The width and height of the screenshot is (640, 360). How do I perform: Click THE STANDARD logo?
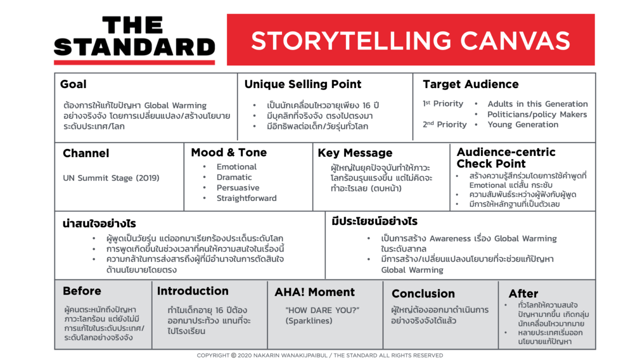[134, 39]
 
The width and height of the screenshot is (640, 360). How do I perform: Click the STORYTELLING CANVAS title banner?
[410, 40]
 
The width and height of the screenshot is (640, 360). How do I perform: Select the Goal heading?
[73, 84]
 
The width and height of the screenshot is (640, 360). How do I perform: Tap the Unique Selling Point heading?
[302, 84]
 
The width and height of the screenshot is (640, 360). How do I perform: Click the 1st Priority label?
[443, 104]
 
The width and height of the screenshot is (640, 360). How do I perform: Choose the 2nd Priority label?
[444, 124]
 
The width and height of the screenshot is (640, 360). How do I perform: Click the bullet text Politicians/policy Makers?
[537, 114]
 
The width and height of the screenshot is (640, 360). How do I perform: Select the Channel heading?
[86, 153]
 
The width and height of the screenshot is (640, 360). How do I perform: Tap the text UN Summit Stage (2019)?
[111, 178]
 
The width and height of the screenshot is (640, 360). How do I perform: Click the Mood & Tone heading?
[228, 152]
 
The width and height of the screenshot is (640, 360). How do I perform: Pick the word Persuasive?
[237, 187]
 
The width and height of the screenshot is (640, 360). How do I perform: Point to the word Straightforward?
[246, 198]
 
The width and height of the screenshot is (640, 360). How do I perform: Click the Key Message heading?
[355, 153]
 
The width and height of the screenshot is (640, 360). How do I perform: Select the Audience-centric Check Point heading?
[505, 157]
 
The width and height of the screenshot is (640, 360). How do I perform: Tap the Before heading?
[82, 291]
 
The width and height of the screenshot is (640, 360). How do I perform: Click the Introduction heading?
[192, 291]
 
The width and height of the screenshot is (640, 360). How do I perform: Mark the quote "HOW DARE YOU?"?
[322, 310]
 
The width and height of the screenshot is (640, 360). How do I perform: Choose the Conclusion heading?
[423, 293]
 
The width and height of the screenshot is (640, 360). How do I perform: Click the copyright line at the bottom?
[319, 355]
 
